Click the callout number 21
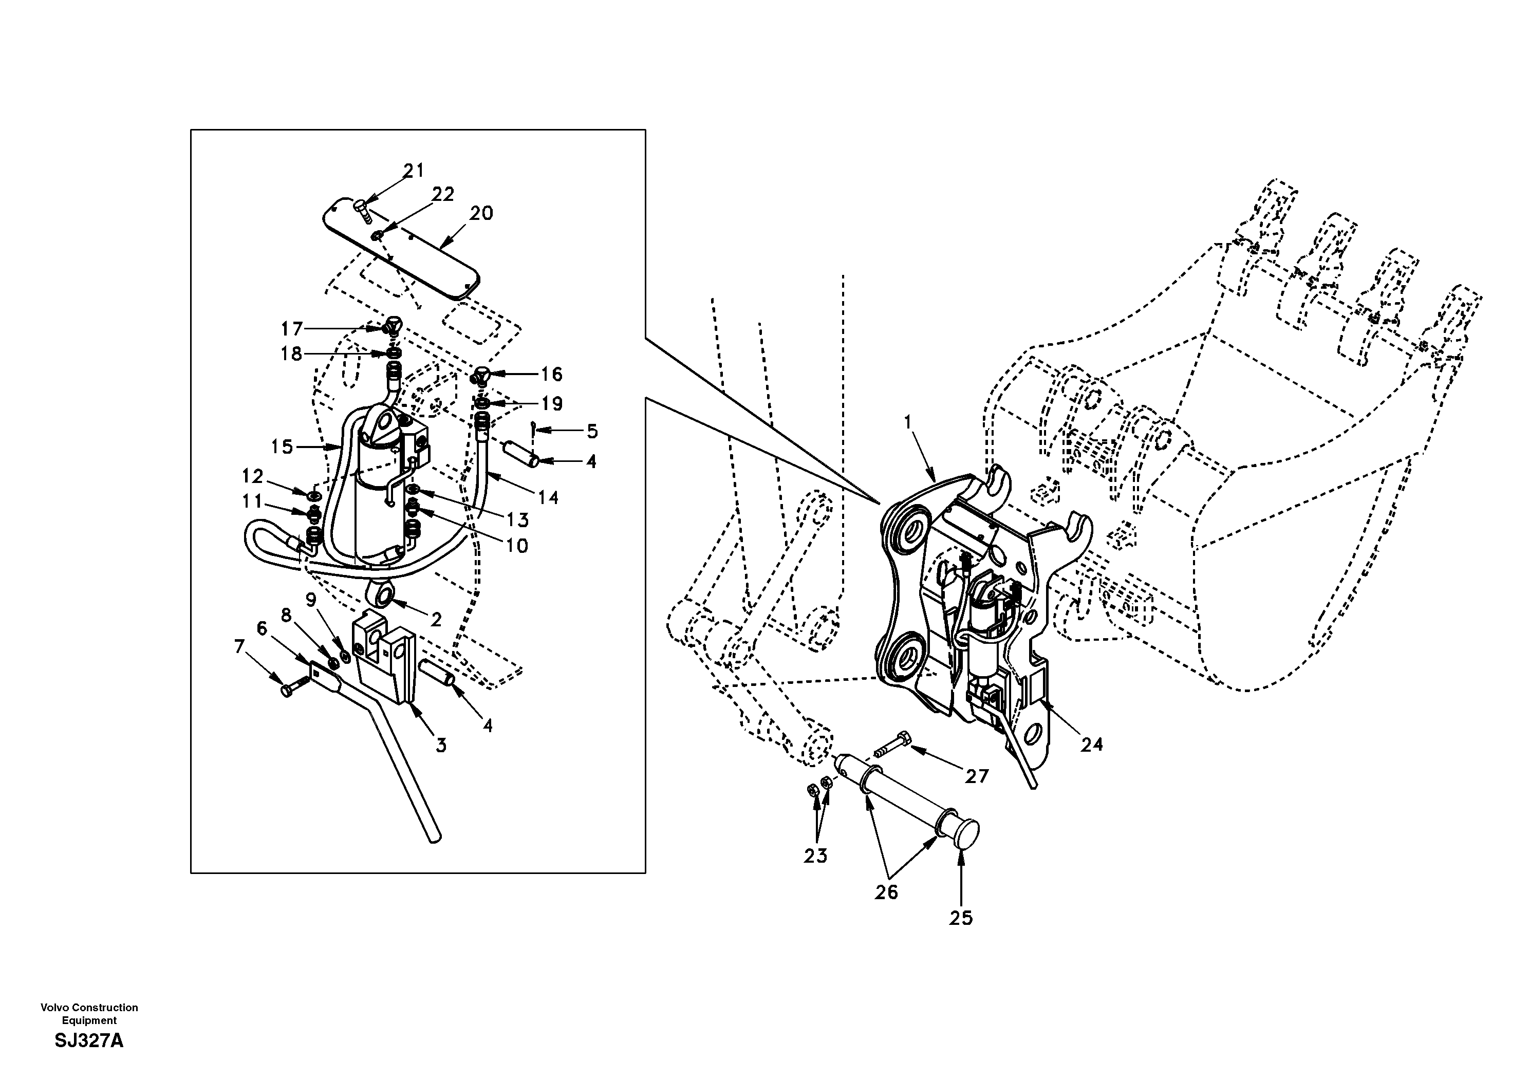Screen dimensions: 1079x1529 pyautogui.click(x=414, y=171)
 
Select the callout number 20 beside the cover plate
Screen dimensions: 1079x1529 pyautogui.click(x=481, y=213)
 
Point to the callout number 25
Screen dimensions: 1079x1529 pyautogui.click(x=961, y=918)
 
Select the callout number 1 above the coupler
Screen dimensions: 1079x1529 pyautogui.click(x=907, y=422)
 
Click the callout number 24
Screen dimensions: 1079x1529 pyautogui.click(x=1091, y=745)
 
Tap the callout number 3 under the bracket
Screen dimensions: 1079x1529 pyautogui.click(x=441, y=746)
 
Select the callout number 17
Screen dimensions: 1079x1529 pyautogui.click(x=292, y=328)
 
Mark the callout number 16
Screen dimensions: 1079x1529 pyautogui.click(x=551, y=375)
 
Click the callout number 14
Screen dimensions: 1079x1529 pyautogui.click(x=548, y=497)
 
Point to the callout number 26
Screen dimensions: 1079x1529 pyautogui.click(x=886, y=892)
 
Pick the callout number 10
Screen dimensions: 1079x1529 pyautogui.click(x=517, y=546)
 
